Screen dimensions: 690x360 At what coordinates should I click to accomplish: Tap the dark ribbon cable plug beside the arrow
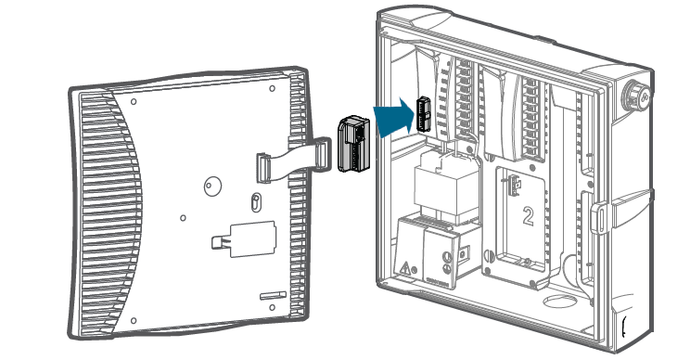pos(353,143)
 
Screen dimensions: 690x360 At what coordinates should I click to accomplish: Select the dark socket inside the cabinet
pos(423,114)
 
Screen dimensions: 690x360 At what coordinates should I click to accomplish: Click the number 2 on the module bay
pos(528,216)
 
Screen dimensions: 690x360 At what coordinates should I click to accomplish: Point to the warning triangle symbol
pos(405,267)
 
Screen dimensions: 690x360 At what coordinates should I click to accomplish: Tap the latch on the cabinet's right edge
pos(600,218)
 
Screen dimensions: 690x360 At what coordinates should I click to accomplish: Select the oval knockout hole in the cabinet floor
pos(559,302)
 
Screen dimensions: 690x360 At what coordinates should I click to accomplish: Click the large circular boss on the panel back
pos(212,186)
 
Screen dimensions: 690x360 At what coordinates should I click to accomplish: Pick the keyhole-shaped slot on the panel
pos(255,201)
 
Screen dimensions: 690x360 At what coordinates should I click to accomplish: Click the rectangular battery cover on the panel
pos(253,239)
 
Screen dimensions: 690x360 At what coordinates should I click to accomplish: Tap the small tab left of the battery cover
pos(220,242)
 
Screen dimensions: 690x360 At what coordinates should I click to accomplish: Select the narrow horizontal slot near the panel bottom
pos(273,296)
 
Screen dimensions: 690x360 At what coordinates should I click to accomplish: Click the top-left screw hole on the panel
pos(134,102)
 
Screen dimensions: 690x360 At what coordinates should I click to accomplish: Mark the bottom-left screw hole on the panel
pos(134,321)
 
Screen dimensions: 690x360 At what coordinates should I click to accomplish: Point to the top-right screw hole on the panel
pos(273,89)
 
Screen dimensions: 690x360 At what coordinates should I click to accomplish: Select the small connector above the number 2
pos(514,186)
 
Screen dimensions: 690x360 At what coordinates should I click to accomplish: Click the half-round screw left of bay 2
pos(488,256)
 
